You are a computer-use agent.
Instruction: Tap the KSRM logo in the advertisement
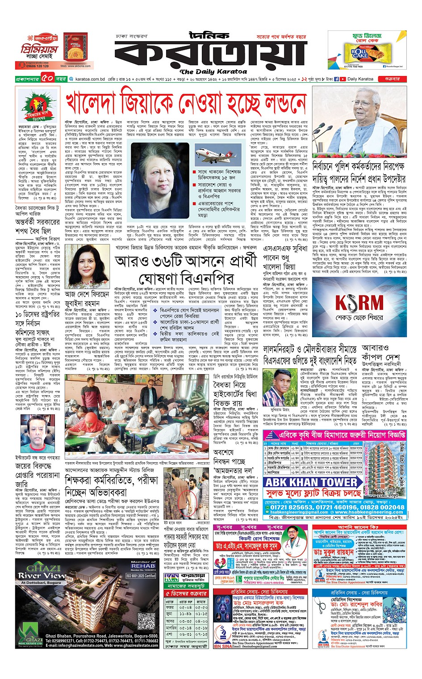click(359, 303)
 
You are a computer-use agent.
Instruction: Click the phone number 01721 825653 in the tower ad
click(288, 507)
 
